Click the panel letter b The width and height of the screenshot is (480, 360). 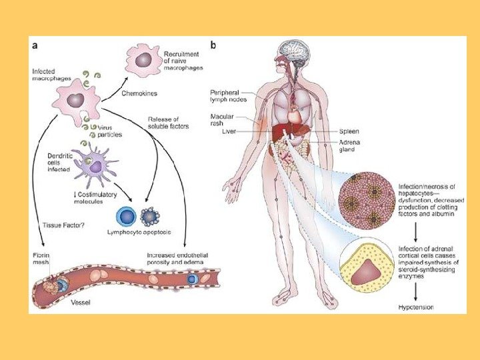[213, 46]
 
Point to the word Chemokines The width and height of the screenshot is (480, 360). [139, 94]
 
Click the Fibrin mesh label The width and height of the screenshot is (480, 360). [41, 259]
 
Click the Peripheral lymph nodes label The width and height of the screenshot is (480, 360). [228, 95]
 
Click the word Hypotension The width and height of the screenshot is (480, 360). [415, 307]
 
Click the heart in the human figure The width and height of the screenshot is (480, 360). [295, 114]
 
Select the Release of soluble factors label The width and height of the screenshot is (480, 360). [167, 123]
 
